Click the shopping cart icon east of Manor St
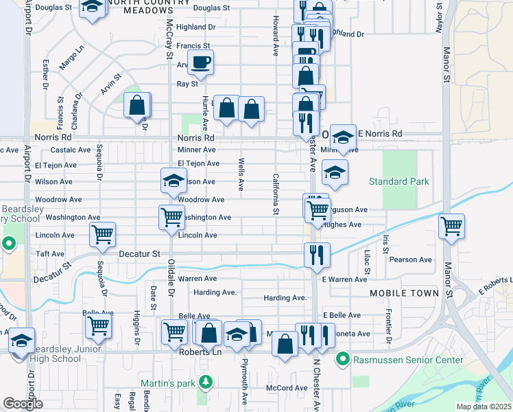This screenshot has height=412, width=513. coord(452,227)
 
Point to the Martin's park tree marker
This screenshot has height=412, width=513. coord(204,382)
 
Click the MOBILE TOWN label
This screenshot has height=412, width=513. coord(404,293)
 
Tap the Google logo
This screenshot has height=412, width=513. coord(22,404)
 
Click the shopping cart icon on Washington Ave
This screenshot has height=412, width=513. coord(171,217)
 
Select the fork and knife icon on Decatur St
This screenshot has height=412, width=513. coord(318,255)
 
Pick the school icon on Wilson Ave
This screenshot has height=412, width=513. coord(174,181)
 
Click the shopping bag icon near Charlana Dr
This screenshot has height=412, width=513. coord(137,106)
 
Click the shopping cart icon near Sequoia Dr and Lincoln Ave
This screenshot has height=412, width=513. coord(102,234)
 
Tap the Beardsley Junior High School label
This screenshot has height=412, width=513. coord(51,353)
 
